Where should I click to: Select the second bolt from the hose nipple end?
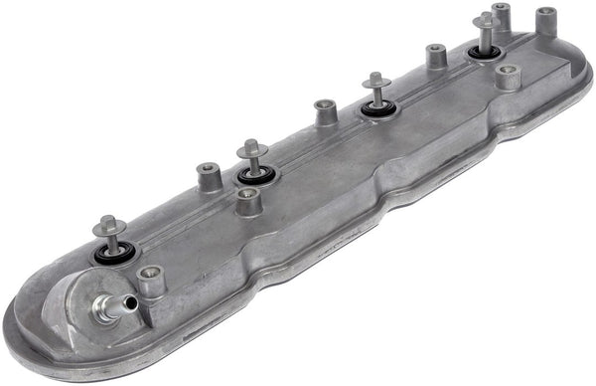coord(252,152)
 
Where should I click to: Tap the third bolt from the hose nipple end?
coord(375,84)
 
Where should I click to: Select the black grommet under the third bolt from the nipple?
coord(377,106)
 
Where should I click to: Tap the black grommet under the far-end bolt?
coord(485,51)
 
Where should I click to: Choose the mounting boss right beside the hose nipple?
coord(150,280)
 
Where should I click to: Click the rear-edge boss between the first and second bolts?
coord(208,177)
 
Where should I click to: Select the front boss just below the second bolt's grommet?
coord(249,201)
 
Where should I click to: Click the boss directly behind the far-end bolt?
coord(501,16)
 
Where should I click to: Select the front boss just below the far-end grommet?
coord(508,77)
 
